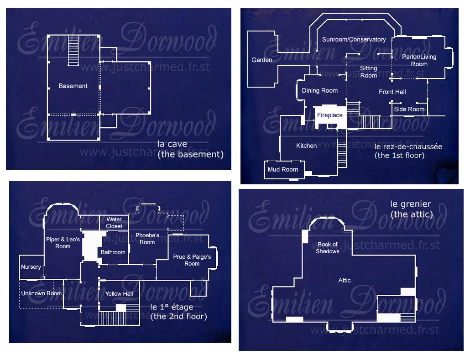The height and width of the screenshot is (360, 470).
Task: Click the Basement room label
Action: click(x=73, y=86)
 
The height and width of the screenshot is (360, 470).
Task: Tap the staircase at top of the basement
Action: click(x=73, y=51)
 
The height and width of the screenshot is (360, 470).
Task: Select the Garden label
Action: click(x=262, y=60)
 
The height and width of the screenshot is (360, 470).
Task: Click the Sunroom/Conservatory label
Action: click(x=354, y=39)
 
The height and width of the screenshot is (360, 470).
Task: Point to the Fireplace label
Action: click(x=329, y=115)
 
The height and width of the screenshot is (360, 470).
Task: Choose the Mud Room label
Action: click(x=283, y=169)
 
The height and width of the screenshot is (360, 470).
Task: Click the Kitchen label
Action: click(x=306, y=146)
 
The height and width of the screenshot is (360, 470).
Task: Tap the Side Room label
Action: click(x=409, y=109)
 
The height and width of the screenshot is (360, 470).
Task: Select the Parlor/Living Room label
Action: click(x=419, y=60)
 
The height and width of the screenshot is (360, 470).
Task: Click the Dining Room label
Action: click(x=320, y=90)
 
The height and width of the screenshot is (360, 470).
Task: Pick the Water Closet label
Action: click(x=114, y=223)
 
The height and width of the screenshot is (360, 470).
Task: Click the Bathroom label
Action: click(x=113, y=252)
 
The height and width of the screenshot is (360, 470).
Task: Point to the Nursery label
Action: click(x=31, y=267)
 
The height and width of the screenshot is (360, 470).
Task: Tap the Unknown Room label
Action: click(x=41, y=293)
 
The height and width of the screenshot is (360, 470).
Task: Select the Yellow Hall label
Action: click(x=119, y=294)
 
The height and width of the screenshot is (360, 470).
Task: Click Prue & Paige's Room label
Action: click(x=192, y=260)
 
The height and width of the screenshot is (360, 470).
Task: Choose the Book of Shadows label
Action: click(x=328, y=248)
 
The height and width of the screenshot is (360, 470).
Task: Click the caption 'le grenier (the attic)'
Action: click(x=412, y=209)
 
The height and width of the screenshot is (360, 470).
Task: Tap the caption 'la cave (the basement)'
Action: click(x=190, y=149)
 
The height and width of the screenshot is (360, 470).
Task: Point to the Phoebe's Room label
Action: click(x=147, y=239)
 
